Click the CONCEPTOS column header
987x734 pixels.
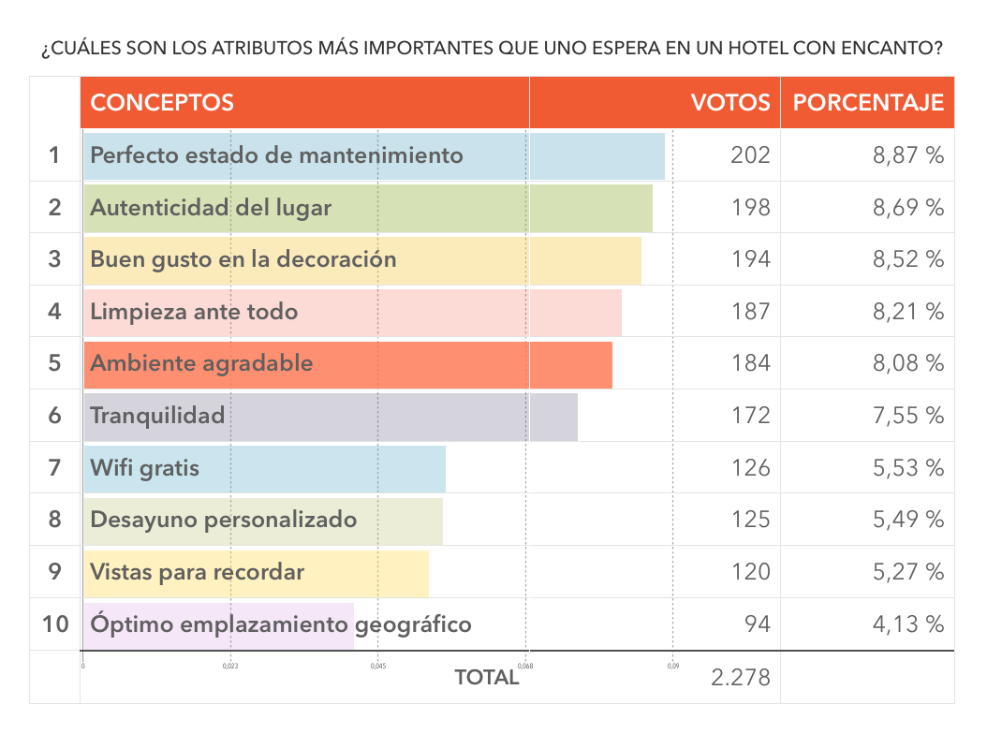point(162,103)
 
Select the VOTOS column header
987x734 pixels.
point(730,103)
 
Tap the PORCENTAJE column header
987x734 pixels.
point(868,103)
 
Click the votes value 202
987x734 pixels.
point(750,155)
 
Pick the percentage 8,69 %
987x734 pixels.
point(907,207)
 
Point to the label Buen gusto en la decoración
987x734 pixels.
point(243,259)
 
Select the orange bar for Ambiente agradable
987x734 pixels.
point(468,363)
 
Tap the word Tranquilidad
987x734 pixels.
point(157,415)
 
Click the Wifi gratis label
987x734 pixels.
point(145,467)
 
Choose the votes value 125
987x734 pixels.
point(750,519)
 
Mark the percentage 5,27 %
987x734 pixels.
point(907,571)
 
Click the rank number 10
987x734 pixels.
point(55,624)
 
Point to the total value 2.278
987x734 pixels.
point(740,677)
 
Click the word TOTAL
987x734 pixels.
point(486,678)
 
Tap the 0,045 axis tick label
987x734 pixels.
point(377,667)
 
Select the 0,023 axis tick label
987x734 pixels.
point(230,667)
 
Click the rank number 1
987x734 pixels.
point(55,155)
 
